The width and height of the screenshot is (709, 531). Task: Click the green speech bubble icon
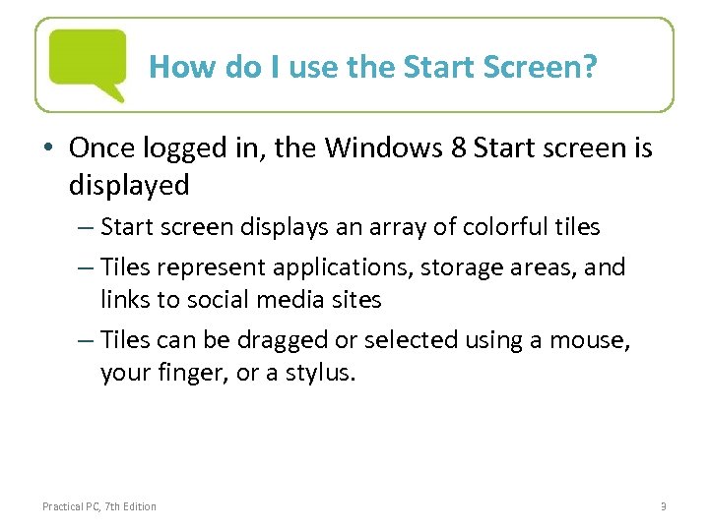point(88,62)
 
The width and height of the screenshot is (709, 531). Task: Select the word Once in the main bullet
point(105,148)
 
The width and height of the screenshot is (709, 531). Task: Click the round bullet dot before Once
point(51,149)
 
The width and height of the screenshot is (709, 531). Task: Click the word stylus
point(319,374)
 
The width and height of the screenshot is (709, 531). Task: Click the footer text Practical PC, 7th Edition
point(98,506)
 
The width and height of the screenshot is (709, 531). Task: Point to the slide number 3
point(663,506)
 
